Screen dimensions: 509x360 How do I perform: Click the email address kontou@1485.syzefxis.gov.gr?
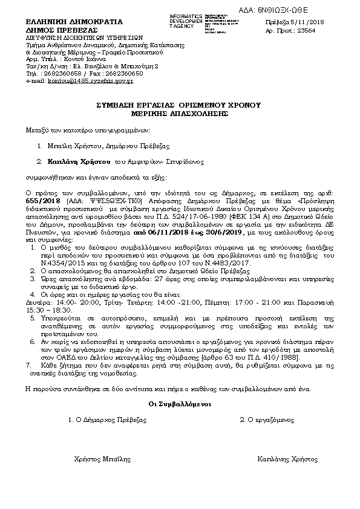[91, 80]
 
